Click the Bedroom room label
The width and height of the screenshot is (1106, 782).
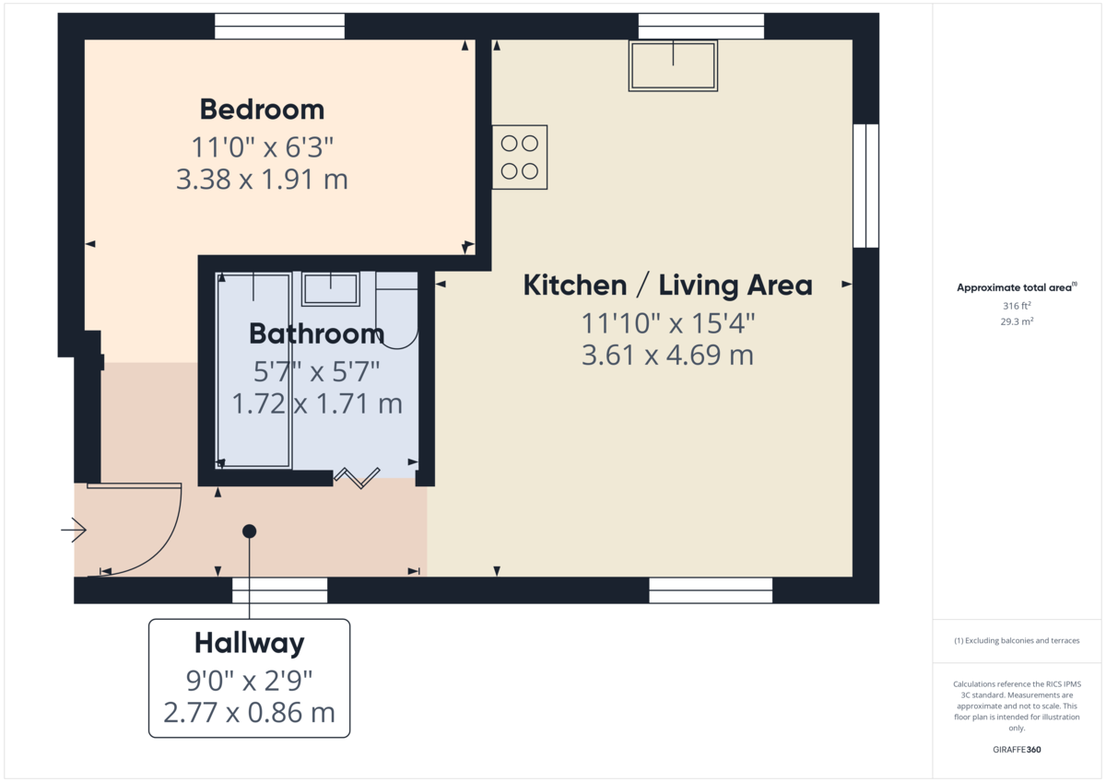tap(262, 110)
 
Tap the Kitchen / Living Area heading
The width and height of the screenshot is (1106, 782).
tap(667, 286)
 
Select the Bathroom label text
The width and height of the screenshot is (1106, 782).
tap(316, 333)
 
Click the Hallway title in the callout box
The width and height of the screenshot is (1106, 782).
tap(249, 642)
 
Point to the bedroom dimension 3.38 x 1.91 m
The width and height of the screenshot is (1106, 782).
tap(262, 179)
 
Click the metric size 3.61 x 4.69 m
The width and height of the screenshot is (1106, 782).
tap(667, 355)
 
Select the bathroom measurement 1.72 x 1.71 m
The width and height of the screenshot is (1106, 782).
tap(316, 403)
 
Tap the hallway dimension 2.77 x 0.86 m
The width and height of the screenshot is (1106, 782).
tap(249, 712)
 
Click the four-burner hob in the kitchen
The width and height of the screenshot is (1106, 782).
tap(520, 157)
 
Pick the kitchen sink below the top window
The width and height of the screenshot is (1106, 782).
tap(673, 64)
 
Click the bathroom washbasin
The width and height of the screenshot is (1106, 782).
tap(330, 288)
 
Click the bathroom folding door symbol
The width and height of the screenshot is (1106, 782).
tap(357, 476)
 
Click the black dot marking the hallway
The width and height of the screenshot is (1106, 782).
tap(249, 531)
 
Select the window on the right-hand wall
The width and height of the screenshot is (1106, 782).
tap(865, 186)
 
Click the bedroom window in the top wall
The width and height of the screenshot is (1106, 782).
tap(279, 26)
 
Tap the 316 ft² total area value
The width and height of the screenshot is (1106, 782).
tap(1017, 306)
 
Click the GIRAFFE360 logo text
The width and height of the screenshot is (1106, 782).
tap(1017, 750)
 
